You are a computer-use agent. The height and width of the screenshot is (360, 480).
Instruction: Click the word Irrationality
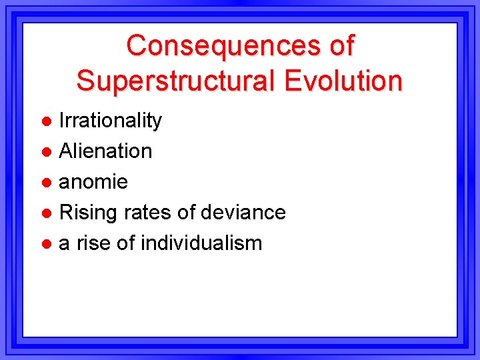pos(111,121)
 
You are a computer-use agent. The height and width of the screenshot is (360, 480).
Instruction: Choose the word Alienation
pos(105,151)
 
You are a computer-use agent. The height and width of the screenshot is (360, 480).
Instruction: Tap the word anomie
pos(93,182)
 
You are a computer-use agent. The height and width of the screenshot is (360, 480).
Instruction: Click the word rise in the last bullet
pos(93,243)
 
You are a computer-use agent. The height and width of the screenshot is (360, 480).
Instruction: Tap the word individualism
pos(202,243)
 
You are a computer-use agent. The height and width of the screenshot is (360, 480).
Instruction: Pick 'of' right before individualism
pos(126,243)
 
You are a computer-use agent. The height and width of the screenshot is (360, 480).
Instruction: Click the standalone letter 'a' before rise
pos(65,244)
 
